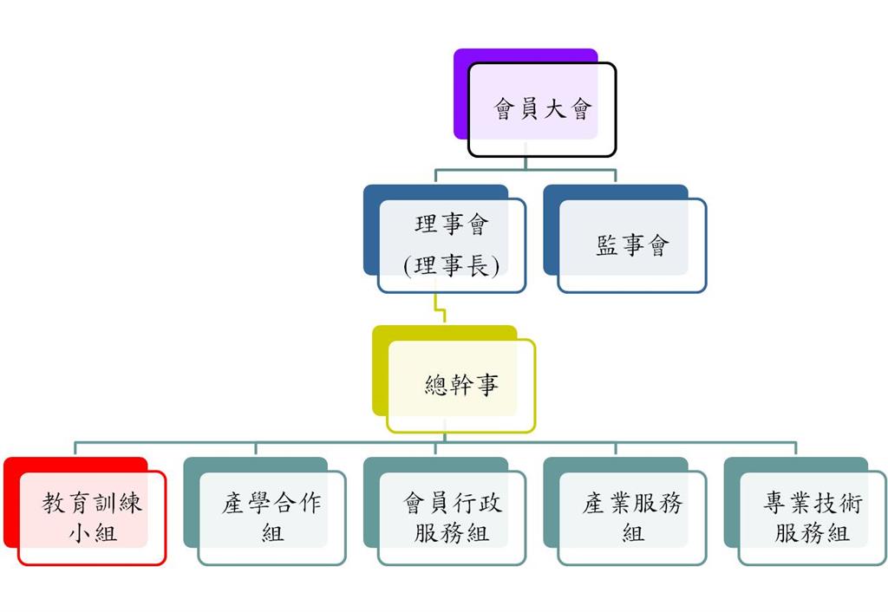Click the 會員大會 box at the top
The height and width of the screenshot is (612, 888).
click(x=542, y=110)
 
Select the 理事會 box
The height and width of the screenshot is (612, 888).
click(x=452, y=245)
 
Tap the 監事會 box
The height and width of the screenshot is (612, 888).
click(x=632, y=245)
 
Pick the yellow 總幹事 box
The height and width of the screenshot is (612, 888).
click(x=460, y=385)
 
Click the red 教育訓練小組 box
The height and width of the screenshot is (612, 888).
click(x=92, y=518)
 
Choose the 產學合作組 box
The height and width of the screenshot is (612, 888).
click(x=271, y=518)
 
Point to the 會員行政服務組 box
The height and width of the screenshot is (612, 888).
click(x=452, y=518)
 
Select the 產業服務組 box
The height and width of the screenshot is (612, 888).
click(x=632, y=518)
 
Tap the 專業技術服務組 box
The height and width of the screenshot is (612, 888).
click(x=813, y=518)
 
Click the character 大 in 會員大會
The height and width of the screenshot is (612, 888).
click(x=555, y=110)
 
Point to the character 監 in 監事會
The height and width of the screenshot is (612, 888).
click(x=607, y=246)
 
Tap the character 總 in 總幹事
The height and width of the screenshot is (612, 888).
click(x=436, y=385)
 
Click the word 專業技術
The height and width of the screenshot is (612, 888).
click(x=813, y=504)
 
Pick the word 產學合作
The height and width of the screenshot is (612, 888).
click(x=271, y=504)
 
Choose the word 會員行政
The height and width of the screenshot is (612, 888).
click(x=452, y=504)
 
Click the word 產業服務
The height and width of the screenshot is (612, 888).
click(x=632, y=504)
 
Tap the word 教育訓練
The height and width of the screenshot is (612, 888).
click(x=92, y=504)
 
